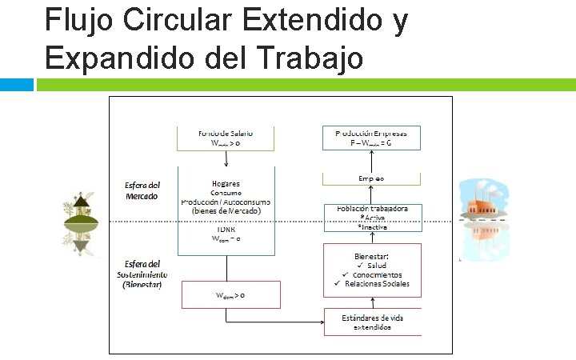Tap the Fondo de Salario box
(226, 138)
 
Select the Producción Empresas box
(371, 138)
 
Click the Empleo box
(371, 178)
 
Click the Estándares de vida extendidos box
(372, 322)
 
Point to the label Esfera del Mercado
(142, 190)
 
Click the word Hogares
(226, 183)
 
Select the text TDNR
(226, 228)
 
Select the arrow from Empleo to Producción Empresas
(371, 160)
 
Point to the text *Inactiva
(374, 227)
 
